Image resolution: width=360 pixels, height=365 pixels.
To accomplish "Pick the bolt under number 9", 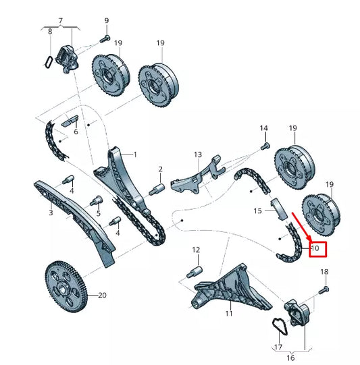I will pos(106,38).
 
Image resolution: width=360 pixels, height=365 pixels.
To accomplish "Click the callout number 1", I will pos(134,155).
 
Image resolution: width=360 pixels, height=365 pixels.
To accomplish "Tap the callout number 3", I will pos(50,213).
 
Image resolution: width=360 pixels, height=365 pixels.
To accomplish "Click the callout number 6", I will pos(76,132).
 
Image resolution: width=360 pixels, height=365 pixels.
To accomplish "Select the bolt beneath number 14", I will pos(264,144).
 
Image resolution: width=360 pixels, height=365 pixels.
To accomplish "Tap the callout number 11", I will pos(228,314).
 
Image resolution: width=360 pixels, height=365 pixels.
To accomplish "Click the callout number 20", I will pos(102,296).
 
